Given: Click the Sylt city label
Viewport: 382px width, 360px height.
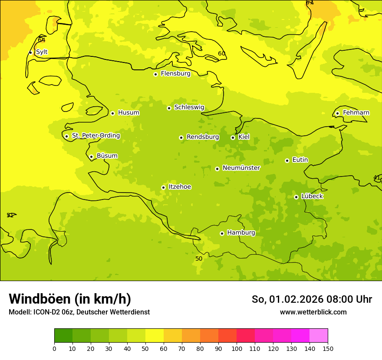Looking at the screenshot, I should point(42,52).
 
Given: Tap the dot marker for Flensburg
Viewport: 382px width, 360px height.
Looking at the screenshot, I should point(155,74).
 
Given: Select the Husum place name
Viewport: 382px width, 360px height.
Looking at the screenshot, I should point(128,113).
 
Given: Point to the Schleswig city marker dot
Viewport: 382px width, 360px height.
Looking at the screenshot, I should point(169,108).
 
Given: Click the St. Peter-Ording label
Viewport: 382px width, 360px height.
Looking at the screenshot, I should point(95,136).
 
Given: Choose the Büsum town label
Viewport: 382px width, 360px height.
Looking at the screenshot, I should point(107,156).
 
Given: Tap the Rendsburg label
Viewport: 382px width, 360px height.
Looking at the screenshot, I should point(203,137).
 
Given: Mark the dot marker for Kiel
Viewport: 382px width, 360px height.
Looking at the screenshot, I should point(233,137).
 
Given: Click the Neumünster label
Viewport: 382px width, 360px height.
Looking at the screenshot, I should point(241,168).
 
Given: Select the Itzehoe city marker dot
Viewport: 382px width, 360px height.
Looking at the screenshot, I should point(163,187).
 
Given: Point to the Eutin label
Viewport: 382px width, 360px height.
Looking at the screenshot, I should point(300,160).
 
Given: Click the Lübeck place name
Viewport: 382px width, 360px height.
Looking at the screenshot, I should point(312,196).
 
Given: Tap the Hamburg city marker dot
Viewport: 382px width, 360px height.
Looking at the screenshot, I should point(222,233).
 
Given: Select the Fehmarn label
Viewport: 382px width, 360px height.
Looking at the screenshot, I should point(356,113).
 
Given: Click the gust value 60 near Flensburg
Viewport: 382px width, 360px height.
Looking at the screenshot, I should point(221,54).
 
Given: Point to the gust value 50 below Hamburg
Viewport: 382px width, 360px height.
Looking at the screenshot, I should point(199,259).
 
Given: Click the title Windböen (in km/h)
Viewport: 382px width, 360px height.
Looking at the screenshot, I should point(70,299).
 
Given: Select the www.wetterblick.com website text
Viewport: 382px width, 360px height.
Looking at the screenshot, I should point(313,312).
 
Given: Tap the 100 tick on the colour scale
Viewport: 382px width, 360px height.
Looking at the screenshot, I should point(237,348).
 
